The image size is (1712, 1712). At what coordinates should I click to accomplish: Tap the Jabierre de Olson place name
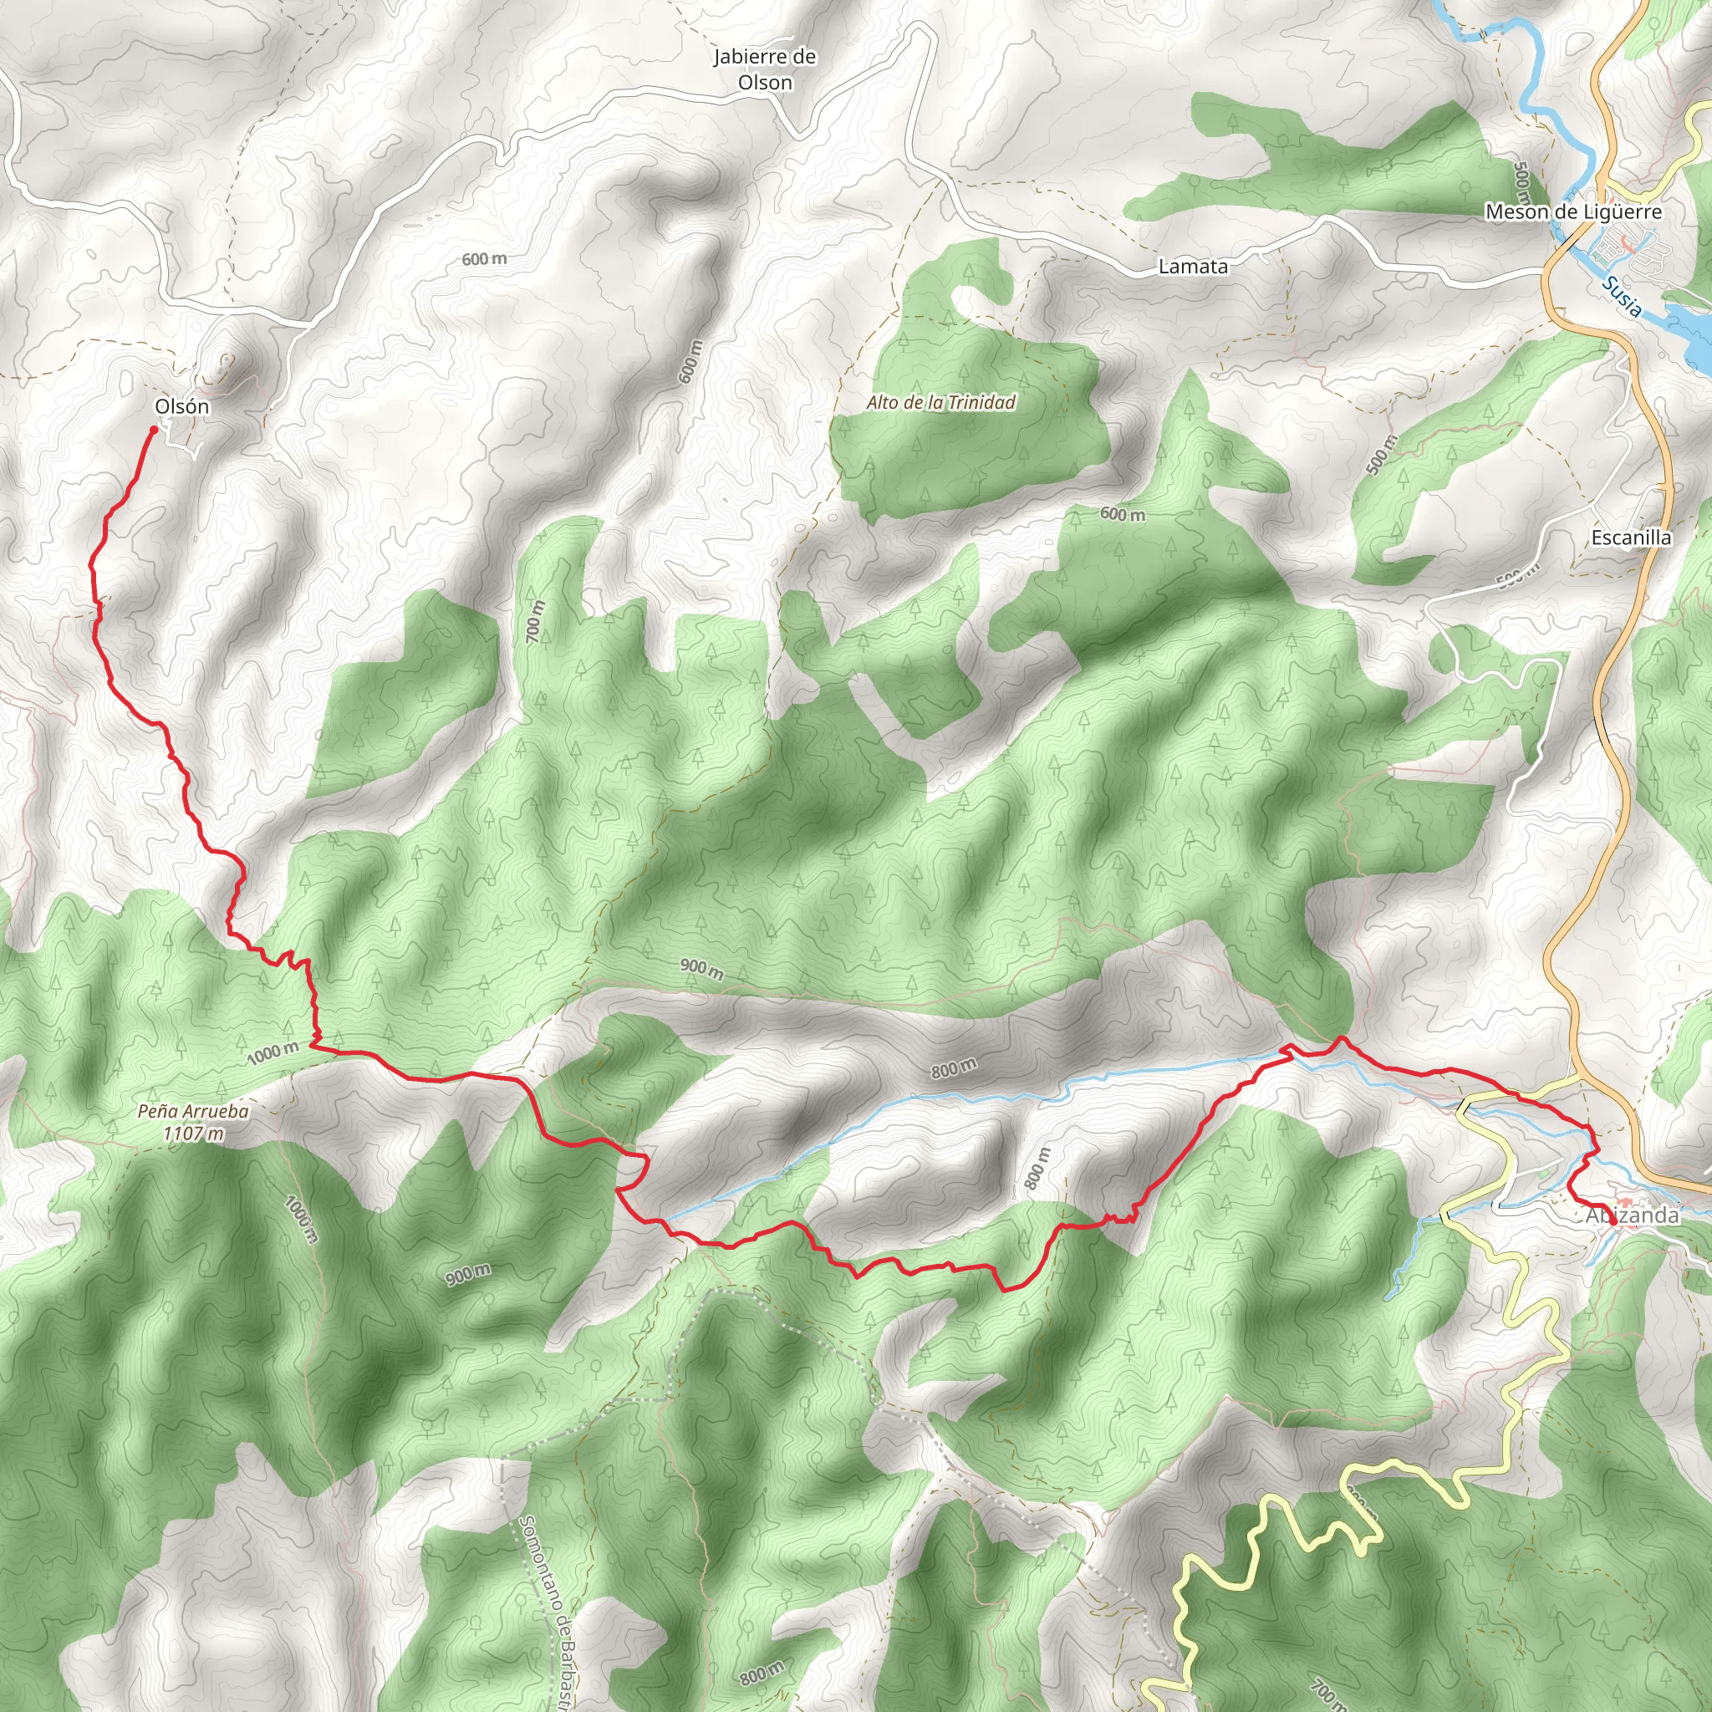(x=765, y=69)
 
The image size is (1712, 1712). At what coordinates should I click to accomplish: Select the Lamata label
(x=1193, y=267)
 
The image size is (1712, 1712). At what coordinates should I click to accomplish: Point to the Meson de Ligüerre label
(x=1573, y=211)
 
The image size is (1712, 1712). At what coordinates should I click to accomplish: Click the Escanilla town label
(x=1630, y=538)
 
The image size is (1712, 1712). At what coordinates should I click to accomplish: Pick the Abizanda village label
(x=1632, y=1215)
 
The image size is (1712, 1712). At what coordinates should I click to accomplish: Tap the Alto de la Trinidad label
(x=940, y=403)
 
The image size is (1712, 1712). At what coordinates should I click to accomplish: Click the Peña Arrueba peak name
(x=193, y=1111)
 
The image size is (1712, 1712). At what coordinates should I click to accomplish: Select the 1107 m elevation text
(x=193, y=1134)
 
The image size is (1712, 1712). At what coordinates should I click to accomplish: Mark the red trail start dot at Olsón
(x=153, y=430)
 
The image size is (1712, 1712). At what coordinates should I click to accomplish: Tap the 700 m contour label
(x=534, y=622)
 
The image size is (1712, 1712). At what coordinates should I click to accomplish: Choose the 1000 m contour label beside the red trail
(x=273, y=1053)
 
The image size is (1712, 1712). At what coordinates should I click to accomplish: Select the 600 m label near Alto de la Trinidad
(x=1122, y=514)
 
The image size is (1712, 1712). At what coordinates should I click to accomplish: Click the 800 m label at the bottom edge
(x=762, y=1672)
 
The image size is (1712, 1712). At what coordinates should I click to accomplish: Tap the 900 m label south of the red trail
(x=468, y=1275)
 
